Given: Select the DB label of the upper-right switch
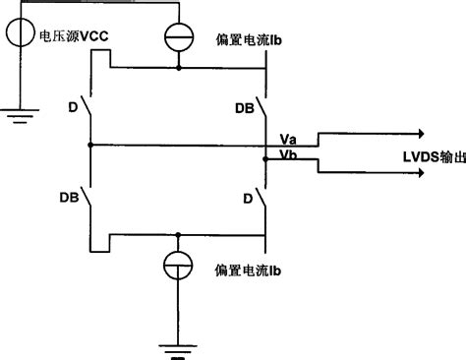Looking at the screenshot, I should click(243, 105).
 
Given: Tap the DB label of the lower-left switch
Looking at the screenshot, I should click(68, 197).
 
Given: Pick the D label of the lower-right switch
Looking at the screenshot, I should click(247, 198).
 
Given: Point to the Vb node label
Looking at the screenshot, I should click(288, 155).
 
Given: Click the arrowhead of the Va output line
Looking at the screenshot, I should click(420, 134).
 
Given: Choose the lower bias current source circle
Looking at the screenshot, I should click(177, 267).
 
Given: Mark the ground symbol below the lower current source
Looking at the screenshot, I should click(177, 346).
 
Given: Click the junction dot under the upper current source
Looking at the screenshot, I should click(177, 69).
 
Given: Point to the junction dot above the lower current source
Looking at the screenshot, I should click(177, 235).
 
